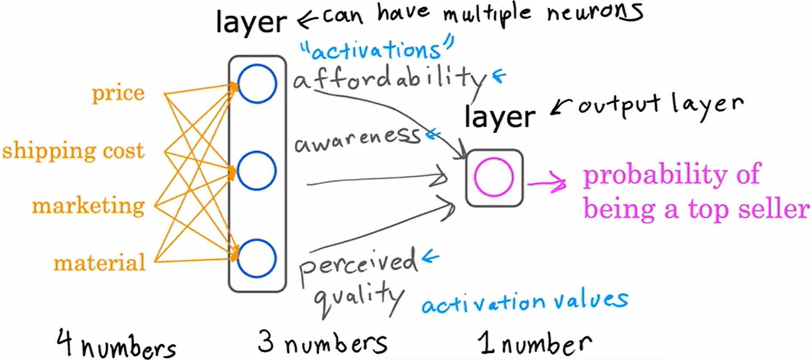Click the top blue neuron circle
coord(257,84)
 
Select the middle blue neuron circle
coord(257,171)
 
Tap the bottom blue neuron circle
coord(257,259)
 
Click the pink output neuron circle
coord(494,177)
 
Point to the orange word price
coord(118,93)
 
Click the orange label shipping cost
coord(73,151)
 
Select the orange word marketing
coord(88,206)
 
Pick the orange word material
coord(99,262)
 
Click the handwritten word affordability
coord(390,79)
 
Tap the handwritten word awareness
coord(358,140)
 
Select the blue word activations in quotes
coord(377,51)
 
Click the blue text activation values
coord(525,302)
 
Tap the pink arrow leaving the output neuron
coord(547,183)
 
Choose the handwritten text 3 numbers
coord(322,343)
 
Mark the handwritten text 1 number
coord(535,343)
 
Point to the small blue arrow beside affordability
coord(499,76)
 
